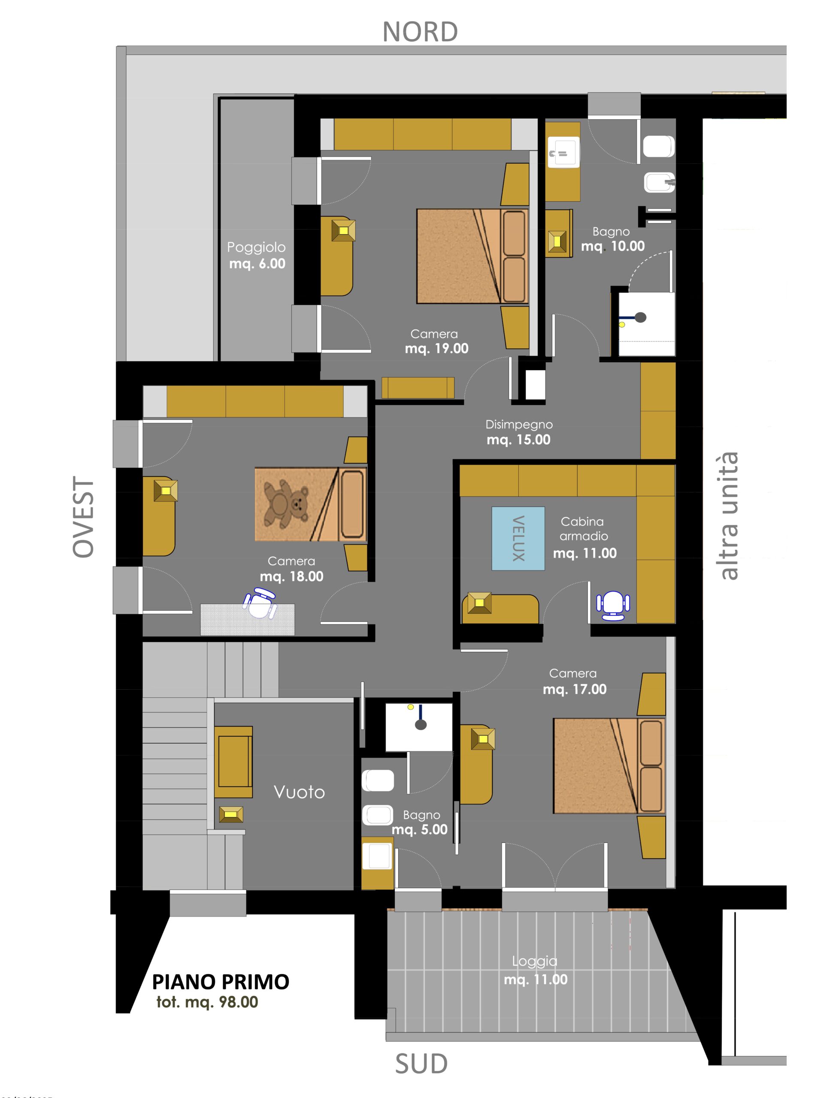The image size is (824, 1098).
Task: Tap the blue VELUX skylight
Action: point(518,538)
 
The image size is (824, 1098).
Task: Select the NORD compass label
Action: point(420,32)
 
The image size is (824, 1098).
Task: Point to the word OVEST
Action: point(83,517)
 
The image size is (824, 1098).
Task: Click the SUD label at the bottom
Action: point(421,1064)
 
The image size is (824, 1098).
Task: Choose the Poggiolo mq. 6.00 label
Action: point(257,255)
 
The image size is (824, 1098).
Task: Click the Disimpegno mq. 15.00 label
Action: point(518,432)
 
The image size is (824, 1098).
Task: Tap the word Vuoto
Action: point(299,792)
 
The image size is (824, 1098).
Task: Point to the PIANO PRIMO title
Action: point(221,982)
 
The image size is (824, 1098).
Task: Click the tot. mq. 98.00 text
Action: point(207,1002)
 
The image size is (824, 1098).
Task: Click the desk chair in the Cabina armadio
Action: point(613,605)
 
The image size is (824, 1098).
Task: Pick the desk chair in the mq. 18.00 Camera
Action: point(259,603)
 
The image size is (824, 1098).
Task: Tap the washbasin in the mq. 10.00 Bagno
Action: point(563,151)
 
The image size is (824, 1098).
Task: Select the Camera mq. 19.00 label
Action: point(436,341)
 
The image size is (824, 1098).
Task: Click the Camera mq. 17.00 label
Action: point(574,681)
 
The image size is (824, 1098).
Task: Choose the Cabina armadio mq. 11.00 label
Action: point(585,537)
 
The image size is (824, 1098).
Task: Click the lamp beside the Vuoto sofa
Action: point(231,814)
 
